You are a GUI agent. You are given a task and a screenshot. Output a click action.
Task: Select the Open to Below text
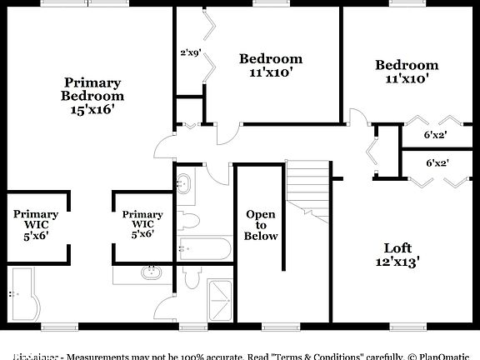260,225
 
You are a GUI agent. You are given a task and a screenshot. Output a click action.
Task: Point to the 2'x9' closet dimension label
190,52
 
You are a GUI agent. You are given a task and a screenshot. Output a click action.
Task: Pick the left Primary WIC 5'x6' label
36,224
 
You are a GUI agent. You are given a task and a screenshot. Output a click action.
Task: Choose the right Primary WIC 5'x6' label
142,224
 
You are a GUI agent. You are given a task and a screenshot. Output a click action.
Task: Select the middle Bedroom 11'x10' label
270,65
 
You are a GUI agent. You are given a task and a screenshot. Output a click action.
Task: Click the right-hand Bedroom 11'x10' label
407,72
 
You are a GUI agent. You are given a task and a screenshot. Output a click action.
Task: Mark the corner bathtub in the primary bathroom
23,292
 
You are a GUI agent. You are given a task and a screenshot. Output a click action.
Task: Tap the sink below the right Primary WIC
152,272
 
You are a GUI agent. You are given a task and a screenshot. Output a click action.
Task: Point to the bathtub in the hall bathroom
205,248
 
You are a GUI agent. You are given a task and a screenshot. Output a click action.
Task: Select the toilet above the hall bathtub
189,220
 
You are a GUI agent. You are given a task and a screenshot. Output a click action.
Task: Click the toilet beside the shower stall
189,277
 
